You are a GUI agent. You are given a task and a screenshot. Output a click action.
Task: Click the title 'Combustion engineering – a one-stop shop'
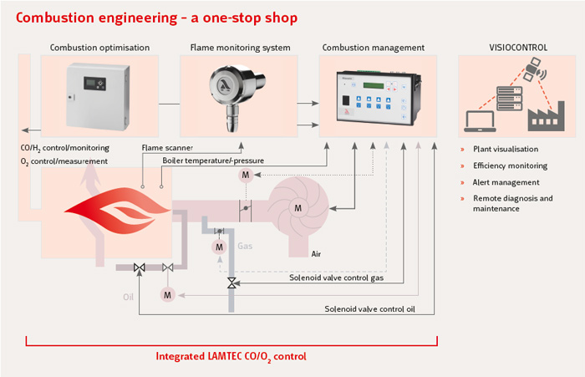pyautogui.click(x=156, y=17)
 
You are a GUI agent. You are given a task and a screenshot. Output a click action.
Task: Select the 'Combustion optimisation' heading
pyautogui.click(x=99, y=48)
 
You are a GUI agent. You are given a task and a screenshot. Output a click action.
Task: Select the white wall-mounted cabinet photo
pyautogui.click(x=99, y=94)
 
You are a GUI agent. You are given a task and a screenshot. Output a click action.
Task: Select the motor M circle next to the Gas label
pyautogui.click(x=219, y=247)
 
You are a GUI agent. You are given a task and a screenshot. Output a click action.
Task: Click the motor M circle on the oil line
pyautogui.click(x=167, y=294)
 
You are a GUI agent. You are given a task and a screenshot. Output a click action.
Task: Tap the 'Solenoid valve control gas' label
pyautogui.click(x=337, y=278)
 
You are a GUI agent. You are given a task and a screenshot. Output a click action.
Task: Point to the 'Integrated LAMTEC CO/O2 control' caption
pyautogui.click(x=231, y=356)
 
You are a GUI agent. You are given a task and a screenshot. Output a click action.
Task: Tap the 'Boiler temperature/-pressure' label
pyautogui.click(x=212, y=160)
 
